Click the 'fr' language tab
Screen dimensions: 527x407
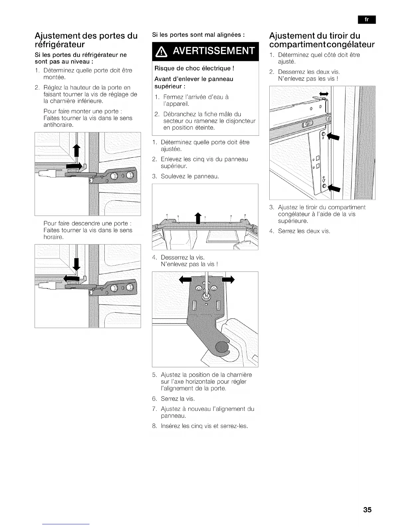coord(366,20)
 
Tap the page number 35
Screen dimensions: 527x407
coord(367,510)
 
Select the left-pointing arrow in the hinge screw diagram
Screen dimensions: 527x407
coord(184,280)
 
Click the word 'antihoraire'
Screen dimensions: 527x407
coord(58,125)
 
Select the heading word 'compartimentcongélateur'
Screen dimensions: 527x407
coord(322,45)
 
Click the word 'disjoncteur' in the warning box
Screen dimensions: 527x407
coord(239,121)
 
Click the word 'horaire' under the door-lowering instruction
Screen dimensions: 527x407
coord(54,237)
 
